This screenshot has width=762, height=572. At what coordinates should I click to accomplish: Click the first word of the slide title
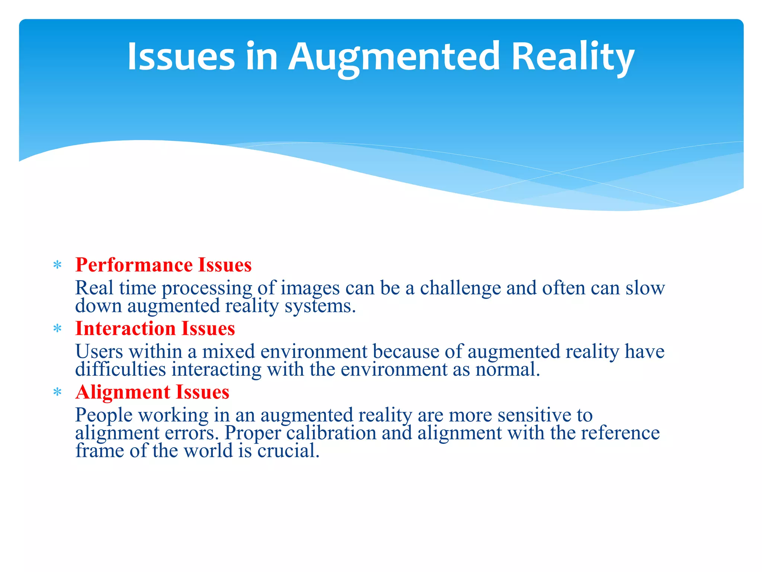(181, 57)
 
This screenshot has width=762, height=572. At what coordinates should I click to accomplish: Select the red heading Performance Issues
(163, 265)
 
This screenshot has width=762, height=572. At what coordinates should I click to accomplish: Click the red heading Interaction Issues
(155, 329)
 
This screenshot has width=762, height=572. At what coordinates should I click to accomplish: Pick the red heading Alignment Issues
(152, 393)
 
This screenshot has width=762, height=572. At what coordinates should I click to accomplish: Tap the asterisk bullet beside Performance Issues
(57, 266)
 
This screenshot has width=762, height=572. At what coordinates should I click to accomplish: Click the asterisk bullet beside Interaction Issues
(57, 329)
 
